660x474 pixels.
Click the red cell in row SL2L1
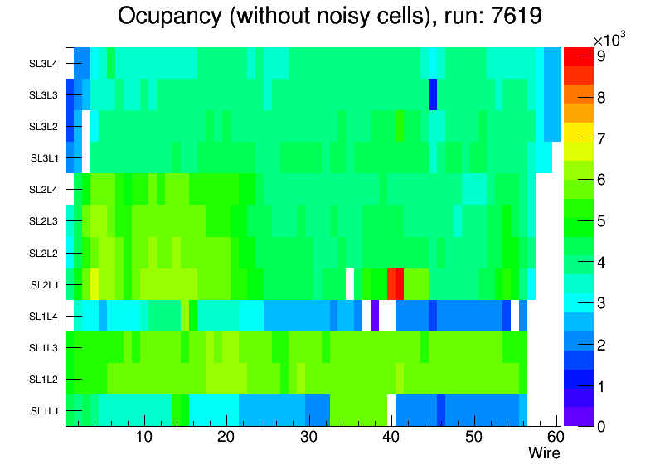(x=396, y=283)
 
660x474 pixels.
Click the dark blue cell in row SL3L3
(x=433, y=94)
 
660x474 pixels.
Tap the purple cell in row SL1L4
(x=375, y=315)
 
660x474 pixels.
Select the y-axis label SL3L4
(x=45, y=63)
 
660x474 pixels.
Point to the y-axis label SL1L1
(x=45, y=410)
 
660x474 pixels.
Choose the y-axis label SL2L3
(x=45, y=221)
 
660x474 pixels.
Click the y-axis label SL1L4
(x=45, y=316)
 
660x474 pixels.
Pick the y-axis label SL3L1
(x=45, y=157)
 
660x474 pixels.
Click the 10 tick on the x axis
(x=144, y=437)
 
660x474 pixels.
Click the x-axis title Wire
(x=544, y=453)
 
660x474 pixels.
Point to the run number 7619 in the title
(x=512, y=17)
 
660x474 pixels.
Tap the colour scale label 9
(x=599, y=57)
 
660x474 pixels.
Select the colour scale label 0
(x=599, y=427)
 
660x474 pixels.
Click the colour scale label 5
(x=599, y=221)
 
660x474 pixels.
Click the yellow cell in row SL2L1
(x=95, y=283)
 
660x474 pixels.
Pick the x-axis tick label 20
(x=226, y=437)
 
